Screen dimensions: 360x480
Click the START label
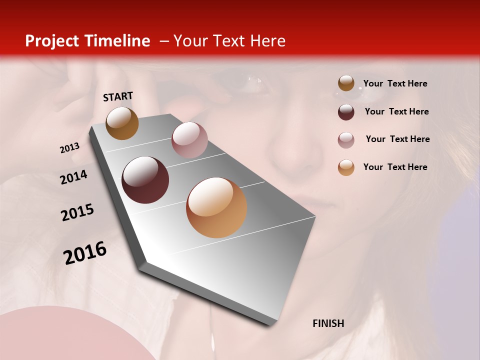coord(118,96)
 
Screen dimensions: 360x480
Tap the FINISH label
coord(328,323)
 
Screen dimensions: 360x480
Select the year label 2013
coord(70,148)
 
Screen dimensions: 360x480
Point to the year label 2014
coord(74,177)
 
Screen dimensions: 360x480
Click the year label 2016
coord(85,253)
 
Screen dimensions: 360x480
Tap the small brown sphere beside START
coord(122,123)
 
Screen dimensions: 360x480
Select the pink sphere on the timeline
coord(189,140)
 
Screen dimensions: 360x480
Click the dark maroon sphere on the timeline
coord(145,180)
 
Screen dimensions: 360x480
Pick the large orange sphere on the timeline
coord(216,207)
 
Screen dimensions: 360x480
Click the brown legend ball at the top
coord(346,83)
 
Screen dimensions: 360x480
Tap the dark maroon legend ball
coord(346,112)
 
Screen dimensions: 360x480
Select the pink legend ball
coord(346,140)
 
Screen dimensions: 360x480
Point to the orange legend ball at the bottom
coord(346,167)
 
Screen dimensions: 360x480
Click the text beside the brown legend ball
coord(395,84)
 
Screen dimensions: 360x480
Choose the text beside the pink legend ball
coord(397,139)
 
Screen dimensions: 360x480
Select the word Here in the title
coord(267,41)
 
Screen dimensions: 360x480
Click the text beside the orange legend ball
coord(395,167)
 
